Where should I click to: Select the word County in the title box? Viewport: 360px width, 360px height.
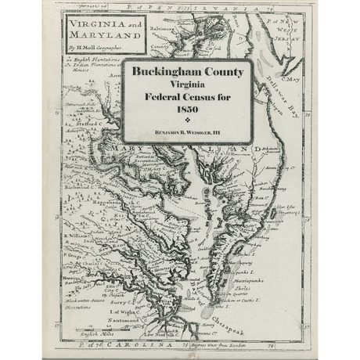218,71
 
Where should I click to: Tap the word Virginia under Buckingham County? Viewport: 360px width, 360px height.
187,84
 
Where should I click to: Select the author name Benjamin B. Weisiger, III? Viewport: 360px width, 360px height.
187,134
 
